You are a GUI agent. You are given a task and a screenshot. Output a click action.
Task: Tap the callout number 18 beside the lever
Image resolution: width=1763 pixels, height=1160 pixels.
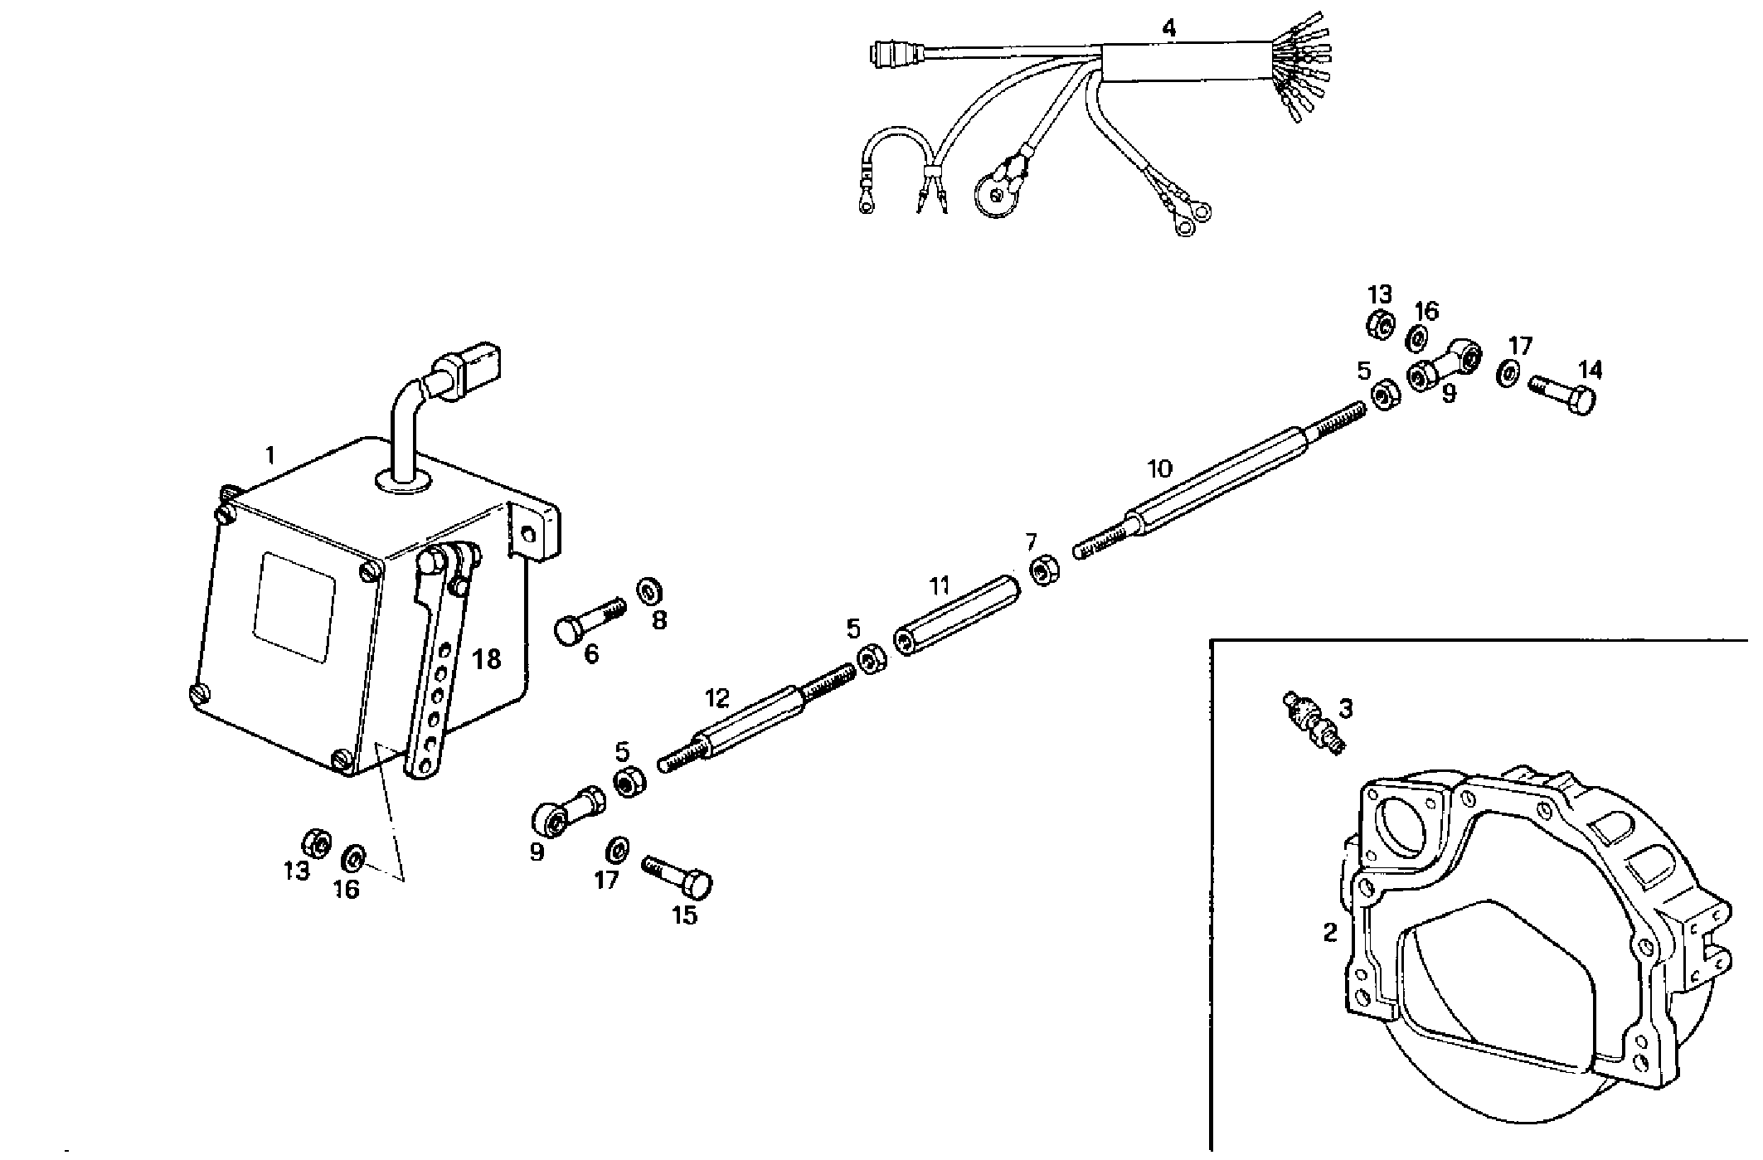(487, 660)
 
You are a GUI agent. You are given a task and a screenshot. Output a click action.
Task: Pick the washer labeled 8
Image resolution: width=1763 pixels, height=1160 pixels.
(648, 591)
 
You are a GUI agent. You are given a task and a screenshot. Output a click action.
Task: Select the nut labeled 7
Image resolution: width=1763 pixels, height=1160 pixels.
(1042, 571)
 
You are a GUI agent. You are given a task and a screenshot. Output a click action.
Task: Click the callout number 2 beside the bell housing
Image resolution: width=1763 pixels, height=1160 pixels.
(1329, 933)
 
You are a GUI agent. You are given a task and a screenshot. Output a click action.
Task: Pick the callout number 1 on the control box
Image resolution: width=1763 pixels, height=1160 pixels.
(270, 454)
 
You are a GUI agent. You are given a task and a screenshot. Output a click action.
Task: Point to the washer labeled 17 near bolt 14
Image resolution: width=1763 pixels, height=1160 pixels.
(1507, 372)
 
